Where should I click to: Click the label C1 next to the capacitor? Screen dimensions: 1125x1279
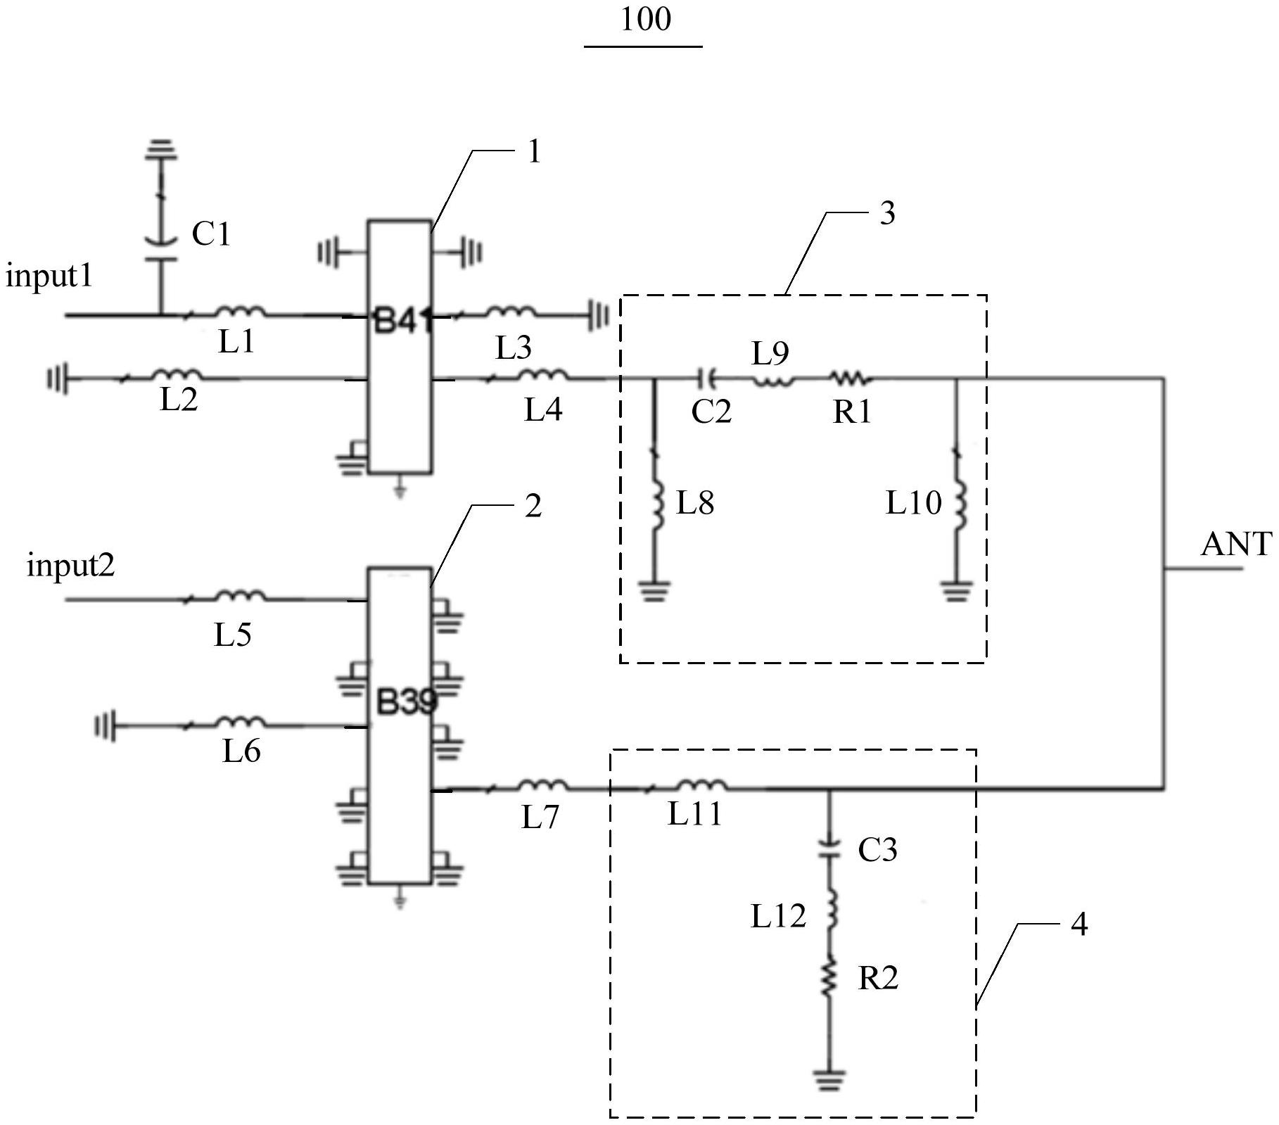coord(211,234)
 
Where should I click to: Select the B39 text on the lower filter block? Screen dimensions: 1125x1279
coord(407,702)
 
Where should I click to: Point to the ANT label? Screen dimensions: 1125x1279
coord(1236,545)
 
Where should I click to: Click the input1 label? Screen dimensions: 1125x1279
coord(49,276)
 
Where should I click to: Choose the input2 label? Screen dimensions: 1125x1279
coord(70,565)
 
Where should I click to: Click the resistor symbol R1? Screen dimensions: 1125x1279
coord(851,379)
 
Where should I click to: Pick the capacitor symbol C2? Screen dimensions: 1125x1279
coord(706,379)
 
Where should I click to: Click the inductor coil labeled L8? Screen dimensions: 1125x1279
coord(658,505)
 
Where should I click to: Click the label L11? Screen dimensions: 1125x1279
coord(695,815)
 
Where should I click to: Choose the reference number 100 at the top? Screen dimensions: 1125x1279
coord(645,19)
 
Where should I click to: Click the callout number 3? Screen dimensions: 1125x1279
coord(888,212)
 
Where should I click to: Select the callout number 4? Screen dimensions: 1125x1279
coord(1079,924)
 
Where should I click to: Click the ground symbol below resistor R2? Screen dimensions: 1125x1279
coord(829,1079)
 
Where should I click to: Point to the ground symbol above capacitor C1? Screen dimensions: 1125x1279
coord(161,150)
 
